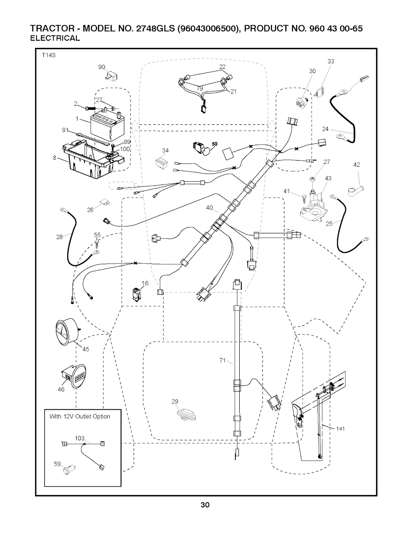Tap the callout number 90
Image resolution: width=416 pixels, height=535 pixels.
tap(102, 67)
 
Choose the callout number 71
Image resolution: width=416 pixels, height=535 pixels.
tap(222, 360)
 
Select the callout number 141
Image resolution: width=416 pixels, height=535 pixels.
tap(341, 428)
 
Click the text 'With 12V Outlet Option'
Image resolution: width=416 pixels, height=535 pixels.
tap(80, 416)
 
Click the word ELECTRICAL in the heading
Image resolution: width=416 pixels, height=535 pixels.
tap(55, 39)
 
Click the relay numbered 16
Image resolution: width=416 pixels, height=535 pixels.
tap(136, 294)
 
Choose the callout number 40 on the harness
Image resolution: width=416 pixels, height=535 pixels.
tap(210, 208)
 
